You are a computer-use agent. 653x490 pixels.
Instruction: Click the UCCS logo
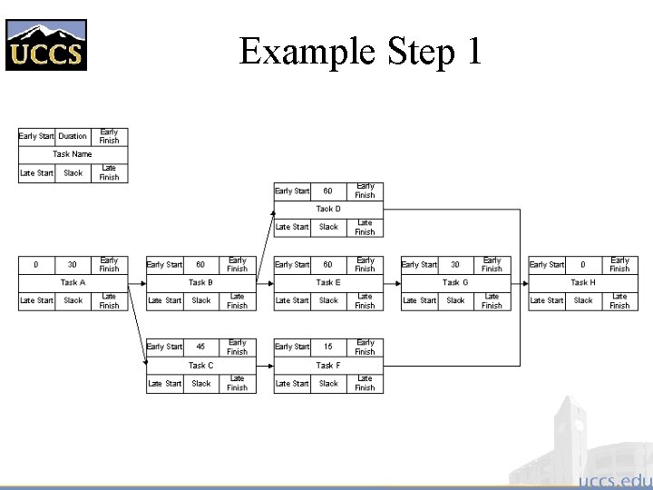click(x=46, y=44)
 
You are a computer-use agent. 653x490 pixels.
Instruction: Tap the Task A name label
click(x=73, y=282)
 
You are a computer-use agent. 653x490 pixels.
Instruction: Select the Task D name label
click(x=328, y=209)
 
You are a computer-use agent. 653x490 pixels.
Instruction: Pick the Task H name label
click(x=583, y=282)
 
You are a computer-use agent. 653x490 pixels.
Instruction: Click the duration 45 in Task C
click(x=200, y=347)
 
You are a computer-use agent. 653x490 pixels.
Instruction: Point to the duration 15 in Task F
click(x=328, y=347)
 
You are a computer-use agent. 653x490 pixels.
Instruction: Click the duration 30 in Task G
click(x=455, y=264)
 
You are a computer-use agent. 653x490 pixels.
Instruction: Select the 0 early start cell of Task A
click(x=36, y=264)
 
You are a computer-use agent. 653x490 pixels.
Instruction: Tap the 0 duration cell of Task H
click(x=583, y=264)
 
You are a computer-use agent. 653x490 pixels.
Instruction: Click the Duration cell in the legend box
click(x=73, y=136)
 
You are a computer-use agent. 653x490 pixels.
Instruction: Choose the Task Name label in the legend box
click(x=73, y=154)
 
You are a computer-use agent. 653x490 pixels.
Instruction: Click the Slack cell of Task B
click(x=200, y=300)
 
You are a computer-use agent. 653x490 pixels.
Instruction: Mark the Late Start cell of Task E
click(x=292, y=300)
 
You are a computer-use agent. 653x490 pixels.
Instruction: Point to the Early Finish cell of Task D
click(x=365, y=191)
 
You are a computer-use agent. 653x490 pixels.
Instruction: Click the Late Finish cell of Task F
click(x=365, y=383)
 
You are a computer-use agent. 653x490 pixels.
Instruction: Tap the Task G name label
click(x=455, y=282)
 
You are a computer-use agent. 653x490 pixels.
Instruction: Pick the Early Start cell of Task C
click(x=164, y=347)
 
